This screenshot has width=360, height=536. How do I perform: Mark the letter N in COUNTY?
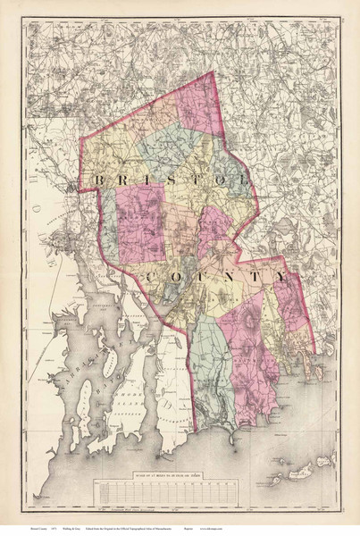tap(227, 278)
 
